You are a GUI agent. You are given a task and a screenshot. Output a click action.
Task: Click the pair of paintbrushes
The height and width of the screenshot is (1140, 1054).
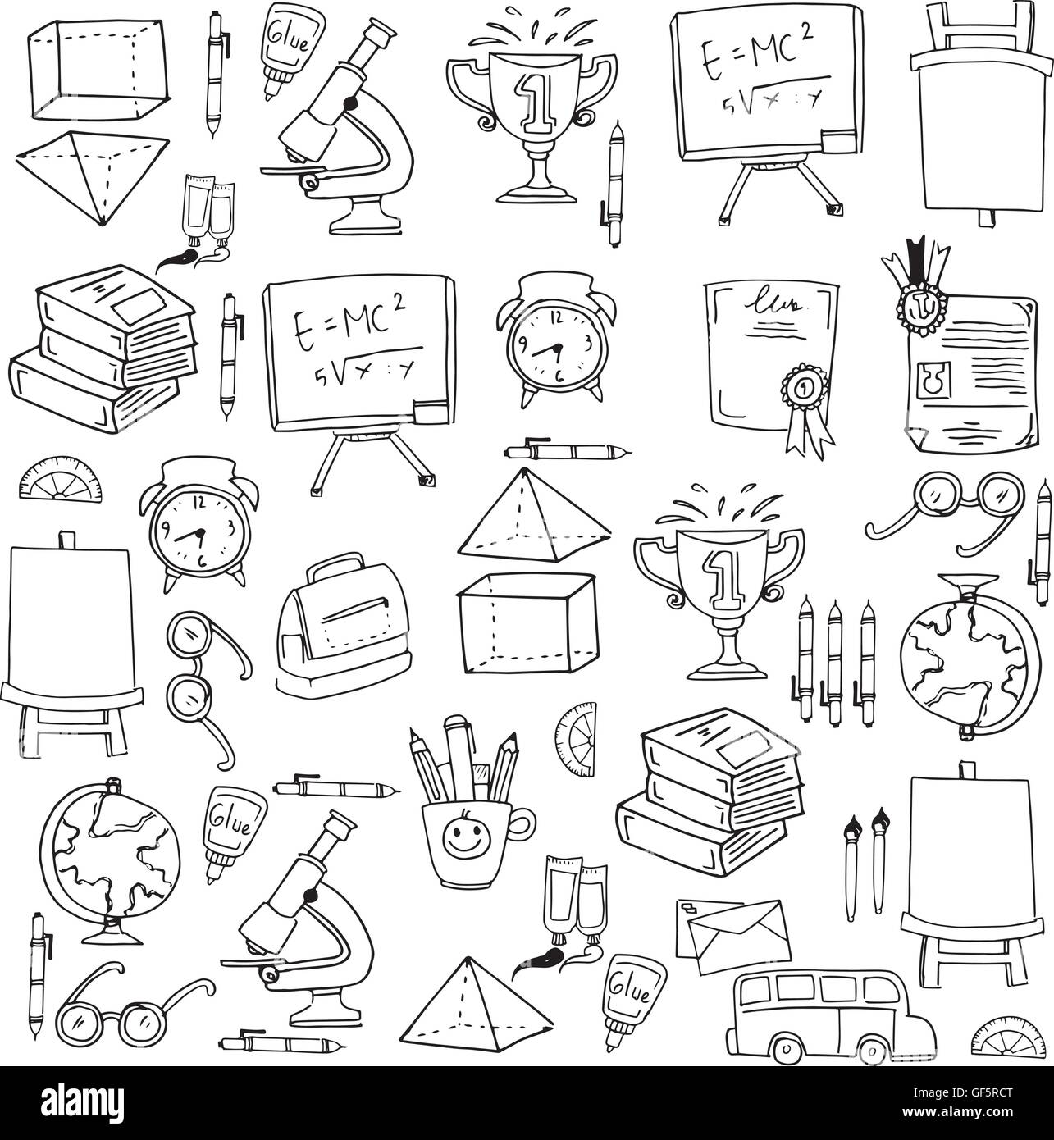pyautogui.click(x=866, y=861)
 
